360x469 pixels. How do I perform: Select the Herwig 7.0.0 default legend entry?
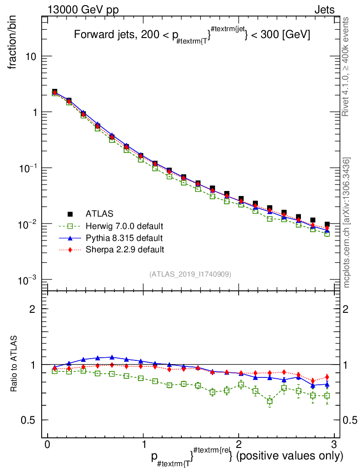click(x=124, y=226)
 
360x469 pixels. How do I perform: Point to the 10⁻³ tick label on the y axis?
click(x=28, y=280)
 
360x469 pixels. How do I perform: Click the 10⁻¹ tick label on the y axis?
click(x=28, y=169)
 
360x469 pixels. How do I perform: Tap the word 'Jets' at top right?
click(x=324, y=10)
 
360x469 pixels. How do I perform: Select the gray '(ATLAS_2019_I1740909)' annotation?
click(x=190, y=274)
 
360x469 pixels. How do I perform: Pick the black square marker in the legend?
click(x=70, y=213)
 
